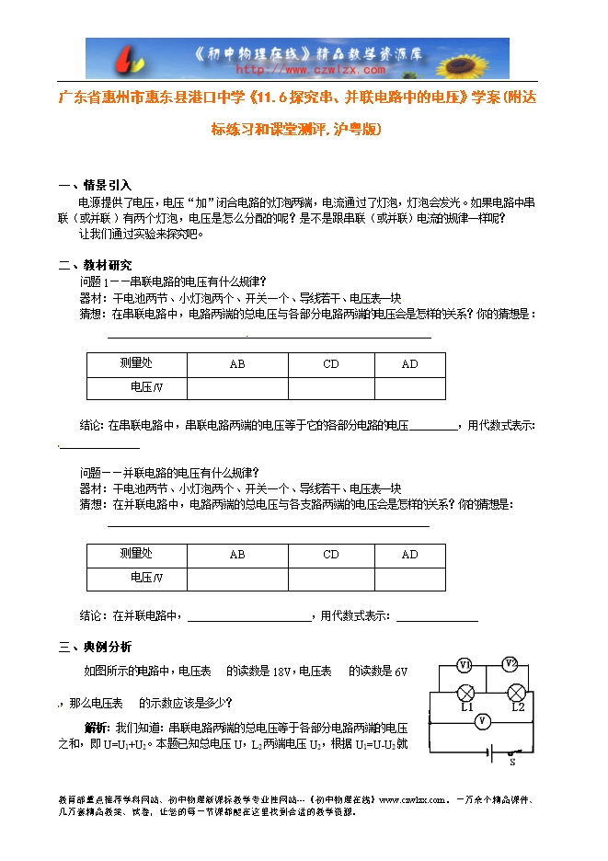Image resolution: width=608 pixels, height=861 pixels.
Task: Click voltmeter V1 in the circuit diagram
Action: (x=465, y=663)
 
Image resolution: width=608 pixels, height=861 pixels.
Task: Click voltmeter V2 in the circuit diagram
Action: (x=510, y=662)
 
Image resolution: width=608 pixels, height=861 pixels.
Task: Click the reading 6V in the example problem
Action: (x=399, y=672)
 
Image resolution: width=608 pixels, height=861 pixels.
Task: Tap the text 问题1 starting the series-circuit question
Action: (x=95, y=281)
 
